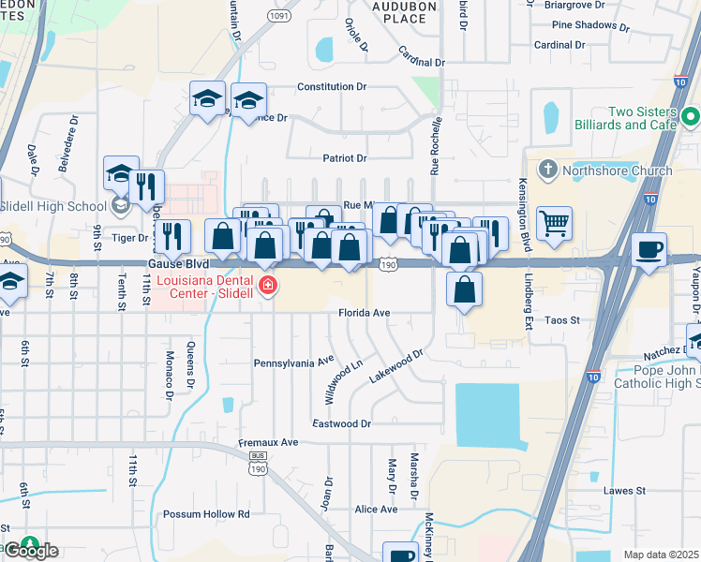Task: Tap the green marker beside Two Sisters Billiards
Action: coord(692,118)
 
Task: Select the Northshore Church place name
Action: coord(616,170)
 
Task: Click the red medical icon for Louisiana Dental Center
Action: coord(268,286)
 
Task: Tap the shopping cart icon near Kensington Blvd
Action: coord(555,223)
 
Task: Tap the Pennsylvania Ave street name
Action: coord(294,361)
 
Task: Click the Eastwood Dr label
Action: coord(342,423)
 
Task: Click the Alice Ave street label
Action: coord(376,510)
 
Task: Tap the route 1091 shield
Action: coord(277,17)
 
